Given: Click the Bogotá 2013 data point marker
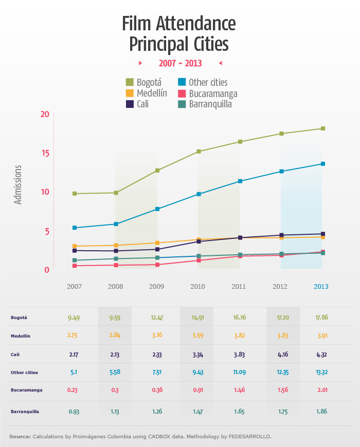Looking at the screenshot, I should point(323,128).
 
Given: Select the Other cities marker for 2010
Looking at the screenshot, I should point(199,194).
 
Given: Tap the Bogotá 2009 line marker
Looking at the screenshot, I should point(157,171).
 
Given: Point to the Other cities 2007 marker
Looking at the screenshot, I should point(75,228).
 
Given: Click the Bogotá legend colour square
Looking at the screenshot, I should point(130,82).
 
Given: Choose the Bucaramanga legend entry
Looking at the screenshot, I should point(206,94).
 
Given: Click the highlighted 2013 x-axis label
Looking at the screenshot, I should point(322,286).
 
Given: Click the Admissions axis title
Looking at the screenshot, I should point(19,185).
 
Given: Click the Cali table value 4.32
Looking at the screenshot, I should point(321,354).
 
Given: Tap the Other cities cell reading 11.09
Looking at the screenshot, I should point(239,372).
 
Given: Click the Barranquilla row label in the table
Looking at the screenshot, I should point(25,412).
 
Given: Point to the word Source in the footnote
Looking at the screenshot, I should point(20,437).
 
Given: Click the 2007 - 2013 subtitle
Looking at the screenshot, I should point(180,63).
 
